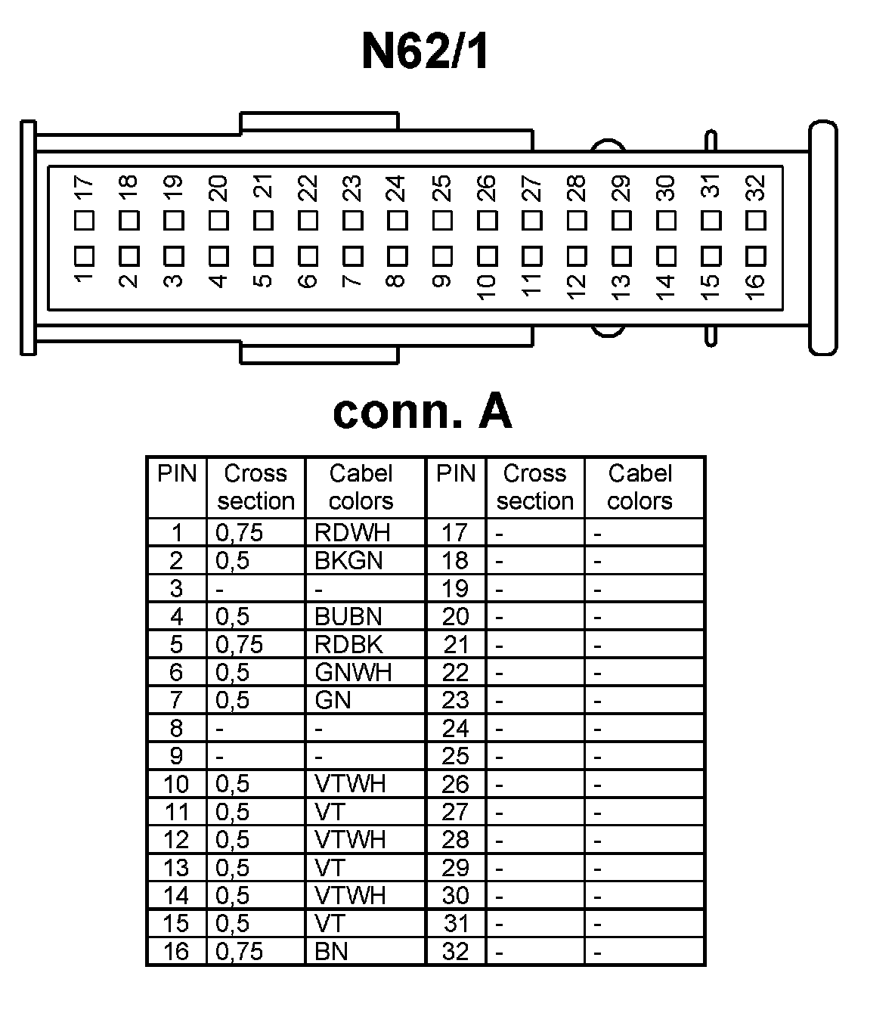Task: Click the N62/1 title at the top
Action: tap(425, 51)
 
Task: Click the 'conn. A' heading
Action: tap(422, 412)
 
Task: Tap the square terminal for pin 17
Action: tap(84, 221)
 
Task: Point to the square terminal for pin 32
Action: tap(755, 221)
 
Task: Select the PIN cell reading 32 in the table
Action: tap(455, 951)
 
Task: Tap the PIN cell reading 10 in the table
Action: tap(176, 785)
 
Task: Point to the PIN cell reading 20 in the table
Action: tap(455, 617)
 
